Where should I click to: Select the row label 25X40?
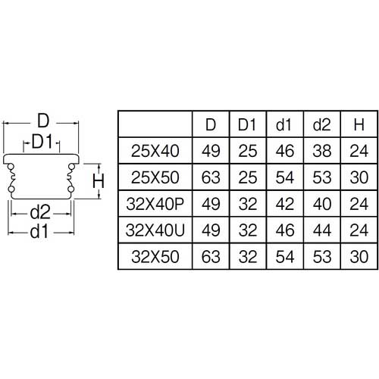155,151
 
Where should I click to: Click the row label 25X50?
155,177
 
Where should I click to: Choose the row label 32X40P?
155,203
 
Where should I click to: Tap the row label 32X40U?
155,229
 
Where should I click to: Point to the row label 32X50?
155,255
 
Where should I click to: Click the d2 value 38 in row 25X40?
321,151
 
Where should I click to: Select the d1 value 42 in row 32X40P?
284,203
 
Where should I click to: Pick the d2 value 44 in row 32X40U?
321,229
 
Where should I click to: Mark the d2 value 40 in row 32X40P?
321,203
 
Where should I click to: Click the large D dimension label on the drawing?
43,121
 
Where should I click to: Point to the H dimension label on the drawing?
98,181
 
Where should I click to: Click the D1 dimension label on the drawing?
42,142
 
